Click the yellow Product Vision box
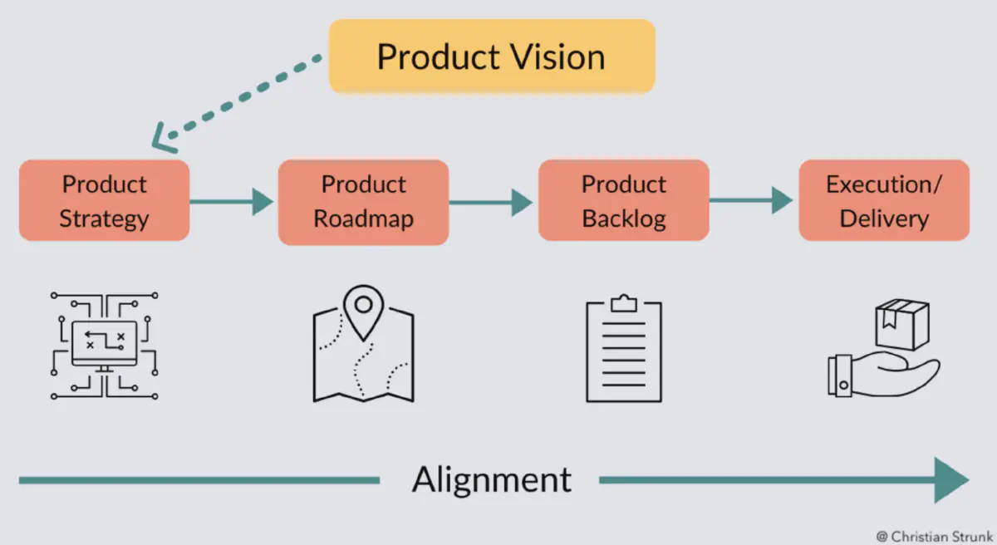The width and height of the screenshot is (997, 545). tap(492, 56)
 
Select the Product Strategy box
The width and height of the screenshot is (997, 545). tap(105, 201)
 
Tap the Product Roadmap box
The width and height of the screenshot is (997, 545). tap(363, 201)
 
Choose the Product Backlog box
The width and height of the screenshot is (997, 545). tap(623, 201)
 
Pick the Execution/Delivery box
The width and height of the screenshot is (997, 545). tap(883, 201)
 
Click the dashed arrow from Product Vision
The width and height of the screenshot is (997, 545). tap(241, 97)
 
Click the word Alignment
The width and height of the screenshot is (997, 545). tap(492, 479)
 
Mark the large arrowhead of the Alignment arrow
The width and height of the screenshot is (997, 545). tap(950, 479)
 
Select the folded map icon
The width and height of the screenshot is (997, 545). tap(363, 353)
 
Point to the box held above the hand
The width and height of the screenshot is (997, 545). tap(901, 324)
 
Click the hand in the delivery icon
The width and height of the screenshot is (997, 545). tap(881, 376)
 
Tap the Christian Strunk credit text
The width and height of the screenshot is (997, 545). tap(935, 536)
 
